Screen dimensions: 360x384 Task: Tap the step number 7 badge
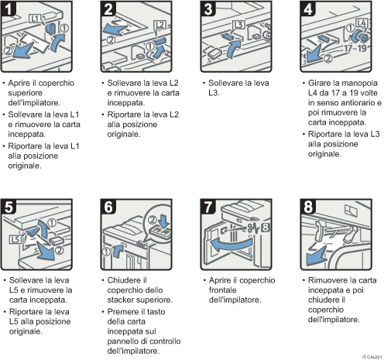[208, 207]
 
